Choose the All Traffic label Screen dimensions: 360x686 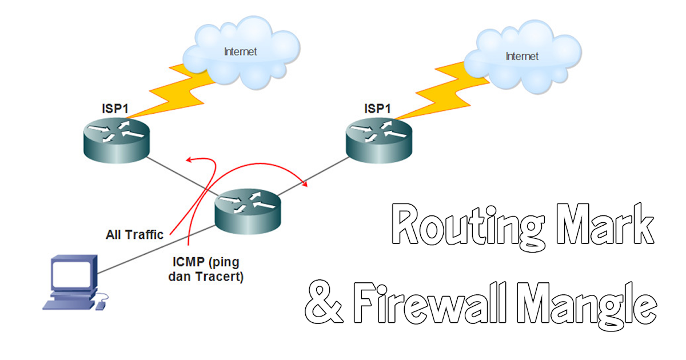(x=135, y=234)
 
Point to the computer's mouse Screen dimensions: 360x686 (x=101, y=306)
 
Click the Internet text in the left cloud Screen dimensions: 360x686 (x=240, y=51)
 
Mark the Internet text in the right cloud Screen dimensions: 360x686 (x=522, y=56)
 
